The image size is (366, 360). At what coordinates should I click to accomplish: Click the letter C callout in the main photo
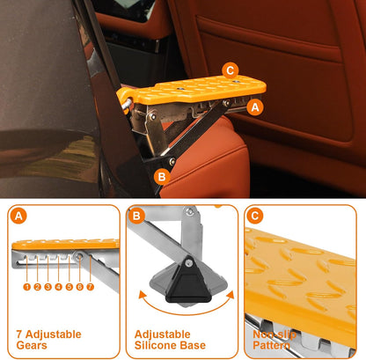(x=231, y=70)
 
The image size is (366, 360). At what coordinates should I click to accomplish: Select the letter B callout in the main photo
(x=161, y=176)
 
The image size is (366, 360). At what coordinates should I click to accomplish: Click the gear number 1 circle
(x=27, y=286)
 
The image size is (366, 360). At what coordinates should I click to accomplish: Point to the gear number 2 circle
(x=38, y=286)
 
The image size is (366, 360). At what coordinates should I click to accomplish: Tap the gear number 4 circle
(x=58, y=286)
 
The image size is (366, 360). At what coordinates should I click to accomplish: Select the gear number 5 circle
(x=69, y=286)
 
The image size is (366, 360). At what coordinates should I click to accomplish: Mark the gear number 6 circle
(x=79, y=286)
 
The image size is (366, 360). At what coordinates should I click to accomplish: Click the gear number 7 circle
(x=90, y=286)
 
